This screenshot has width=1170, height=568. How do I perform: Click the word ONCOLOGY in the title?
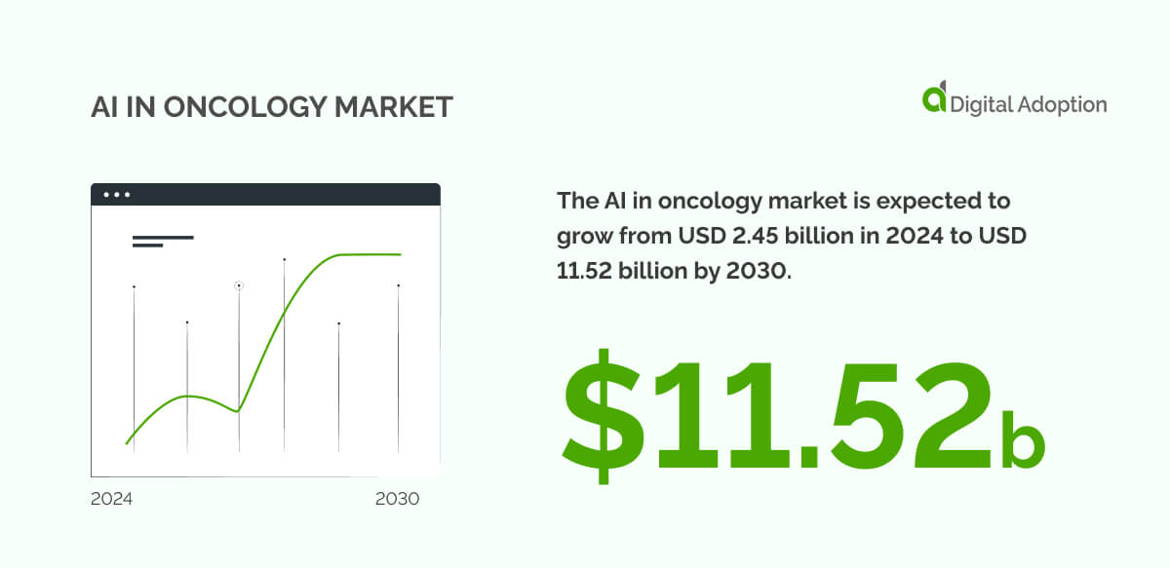[x=231, y=108]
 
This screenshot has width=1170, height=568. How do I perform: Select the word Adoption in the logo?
[x=1058, y=104]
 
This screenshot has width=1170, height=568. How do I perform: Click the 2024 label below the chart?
[x=111, y=499]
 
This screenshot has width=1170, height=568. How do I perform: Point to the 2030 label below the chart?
[x=397, y=499]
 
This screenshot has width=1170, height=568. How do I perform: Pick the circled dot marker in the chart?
[x=239, y=285]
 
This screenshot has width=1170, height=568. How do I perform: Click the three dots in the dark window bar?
[x=117, y=195]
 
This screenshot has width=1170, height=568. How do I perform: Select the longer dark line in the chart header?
[x=163, y=238]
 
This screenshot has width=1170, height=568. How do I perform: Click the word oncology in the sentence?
[x=700, y=202]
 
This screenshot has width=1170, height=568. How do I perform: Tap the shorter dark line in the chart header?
[x=147, y=246]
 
